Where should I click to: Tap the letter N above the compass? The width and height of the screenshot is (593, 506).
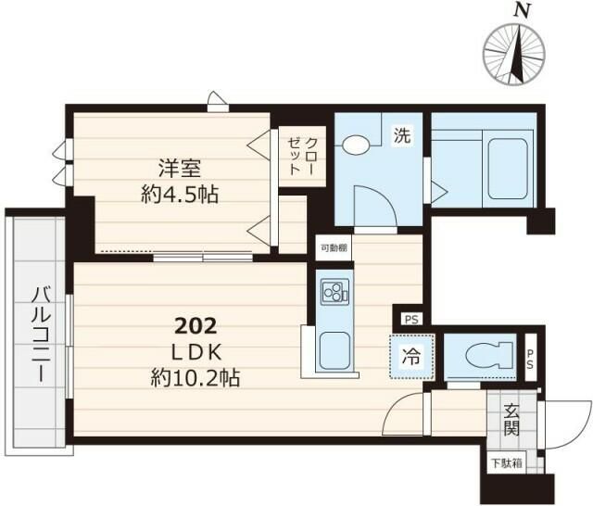tap(522, 11)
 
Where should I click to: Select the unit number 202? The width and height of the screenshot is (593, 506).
tap(196, 326)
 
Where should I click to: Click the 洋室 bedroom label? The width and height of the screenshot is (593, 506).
tap(180, 169)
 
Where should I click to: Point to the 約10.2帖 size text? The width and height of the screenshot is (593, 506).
tap(196, 377)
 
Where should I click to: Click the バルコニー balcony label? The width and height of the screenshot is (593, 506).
tap(41, 335)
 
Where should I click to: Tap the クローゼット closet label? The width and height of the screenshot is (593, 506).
tap(301, 157)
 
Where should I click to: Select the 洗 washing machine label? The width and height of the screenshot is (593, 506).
tap(402, 135)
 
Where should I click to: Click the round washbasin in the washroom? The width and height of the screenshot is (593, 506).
tap(356, 145)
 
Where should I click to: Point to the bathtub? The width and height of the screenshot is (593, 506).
tap(508, 169)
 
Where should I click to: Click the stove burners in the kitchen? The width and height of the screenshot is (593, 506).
tap(334, 292)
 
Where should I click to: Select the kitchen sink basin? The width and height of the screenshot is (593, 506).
tap(334, 352)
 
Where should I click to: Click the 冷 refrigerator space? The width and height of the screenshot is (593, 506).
tap(411, 357)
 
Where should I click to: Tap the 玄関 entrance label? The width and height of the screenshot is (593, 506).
tap(511, 420)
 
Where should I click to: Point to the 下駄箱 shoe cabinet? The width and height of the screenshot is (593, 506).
tap(507, 462)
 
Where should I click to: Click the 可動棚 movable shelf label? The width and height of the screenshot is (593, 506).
tap(334, 248)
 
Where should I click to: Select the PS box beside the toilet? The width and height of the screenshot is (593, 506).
tap(531, 358)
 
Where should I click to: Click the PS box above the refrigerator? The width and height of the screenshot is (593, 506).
tap(411, 320)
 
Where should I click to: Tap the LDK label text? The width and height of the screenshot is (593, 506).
tap(196, 352)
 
